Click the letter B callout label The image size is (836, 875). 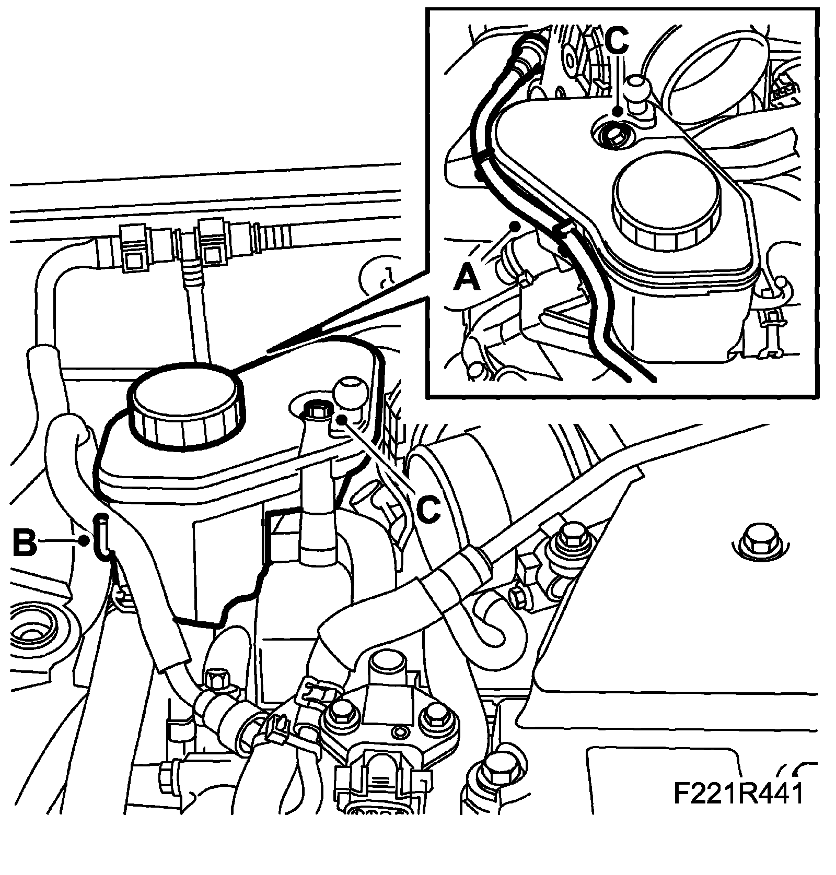point(25,543)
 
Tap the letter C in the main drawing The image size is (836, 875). point(427,509)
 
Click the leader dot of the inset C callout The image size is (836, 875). point(618,111)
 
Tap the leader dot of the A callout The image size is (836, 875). point(516,226)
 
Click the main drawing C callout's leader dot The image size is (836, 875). point(341,419)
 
